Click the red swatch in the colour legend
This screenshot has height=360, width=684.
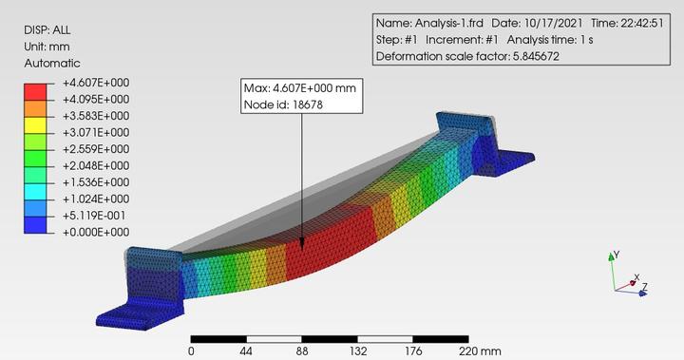[x=35, y=91]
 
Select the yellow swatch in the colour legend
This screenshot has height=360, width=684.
[x=35, y=124]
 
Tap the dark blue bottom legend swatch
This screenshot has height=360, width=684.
[x=35, y=225]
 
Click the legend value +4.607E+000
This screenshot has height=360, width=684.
[x=96, y=83]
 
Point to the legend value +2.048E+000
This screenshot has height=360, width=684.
[x=96, y=166]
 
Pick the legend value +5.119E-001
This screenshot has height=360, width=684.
[x=94, y=216]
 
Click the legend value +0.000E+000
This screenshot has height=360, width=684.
[x=96, y=232]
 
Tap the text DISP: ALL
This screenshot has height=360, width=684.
[x=47, y=30]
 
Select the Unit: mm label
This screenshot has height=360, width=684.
[x=47, y=47]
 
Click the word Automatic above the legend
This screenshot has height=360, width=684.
[x=52, y=64]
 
